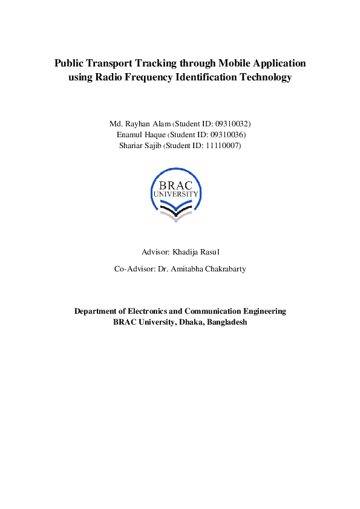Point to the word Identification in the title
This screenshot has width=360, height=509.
point(203,77)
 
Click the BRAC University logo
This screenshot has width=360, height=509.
point(175,193)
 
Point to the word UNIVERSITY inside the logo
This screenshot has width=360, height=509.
point(175,195)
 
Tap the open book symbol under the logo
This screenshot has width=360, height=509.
point(175,212)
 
